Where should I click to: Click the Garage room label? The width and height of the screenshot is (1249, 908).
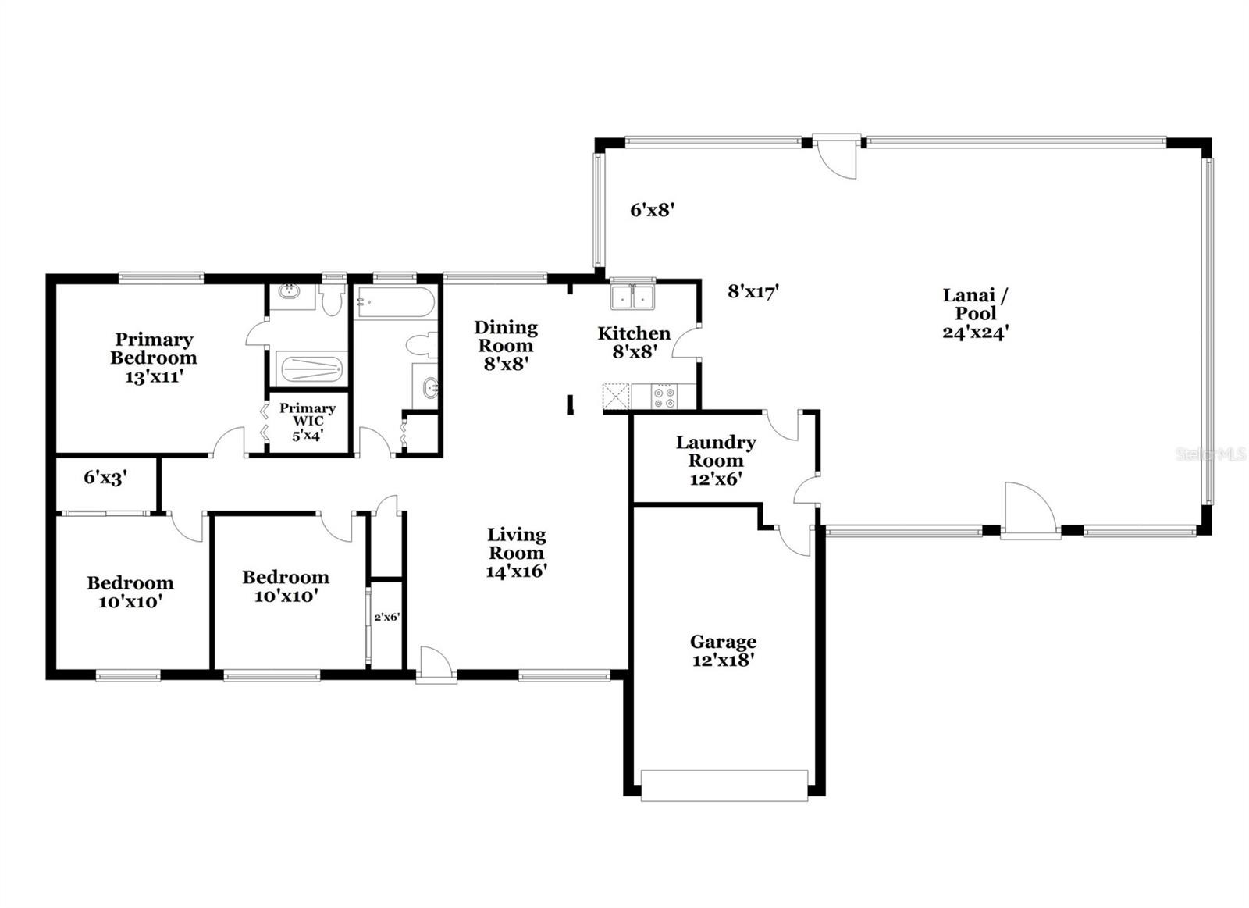point(723,642)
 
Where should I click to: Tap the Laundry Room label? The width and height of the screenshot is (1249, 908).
point(716,451)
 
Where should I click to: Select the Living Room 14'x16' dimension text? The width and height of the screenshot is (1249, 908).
point(516,572)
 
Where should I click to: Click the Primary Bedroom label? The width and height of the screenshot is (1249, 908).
point(153,348)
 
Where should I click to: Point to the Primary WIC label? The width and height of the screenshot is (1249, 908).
point(308,415)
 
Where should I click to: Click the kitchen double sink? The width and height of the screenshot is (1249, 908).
point(633,297)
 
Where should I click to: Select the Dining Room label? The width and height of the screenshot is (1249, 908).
point(506,336)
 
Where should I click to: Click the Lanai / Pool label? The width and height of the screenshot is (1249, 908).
point(975,304)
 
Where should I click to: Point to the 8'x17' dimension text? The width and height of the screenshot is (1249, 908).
point(753,291)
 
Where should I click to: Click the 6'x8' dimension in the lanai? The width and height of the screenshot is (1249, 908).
point(653,210)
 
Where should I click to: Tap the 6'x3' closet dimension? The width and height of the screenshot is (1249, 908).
point(106,478)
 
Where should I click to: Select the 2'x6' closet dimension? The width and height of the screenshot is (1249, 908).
point(387,617)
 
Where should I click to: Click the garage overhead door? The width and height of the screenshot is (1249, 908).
point(724,786)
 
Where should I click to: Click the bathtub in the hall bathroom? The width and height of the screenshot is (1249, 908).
point(395,301)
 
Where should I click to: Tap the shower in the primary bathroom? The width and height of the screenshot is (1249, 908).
point(311,369)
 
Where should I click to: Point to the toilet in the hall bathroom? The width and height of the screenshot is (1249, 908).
point(422,344)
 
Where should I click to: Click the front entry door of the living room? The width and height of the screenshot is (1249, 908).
point(436,665)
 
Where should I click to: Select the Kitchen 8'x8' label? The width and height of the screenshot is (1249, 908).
point(634,343)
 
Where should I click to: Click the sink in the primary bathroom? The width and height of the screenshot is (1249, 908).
point(289,290)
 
